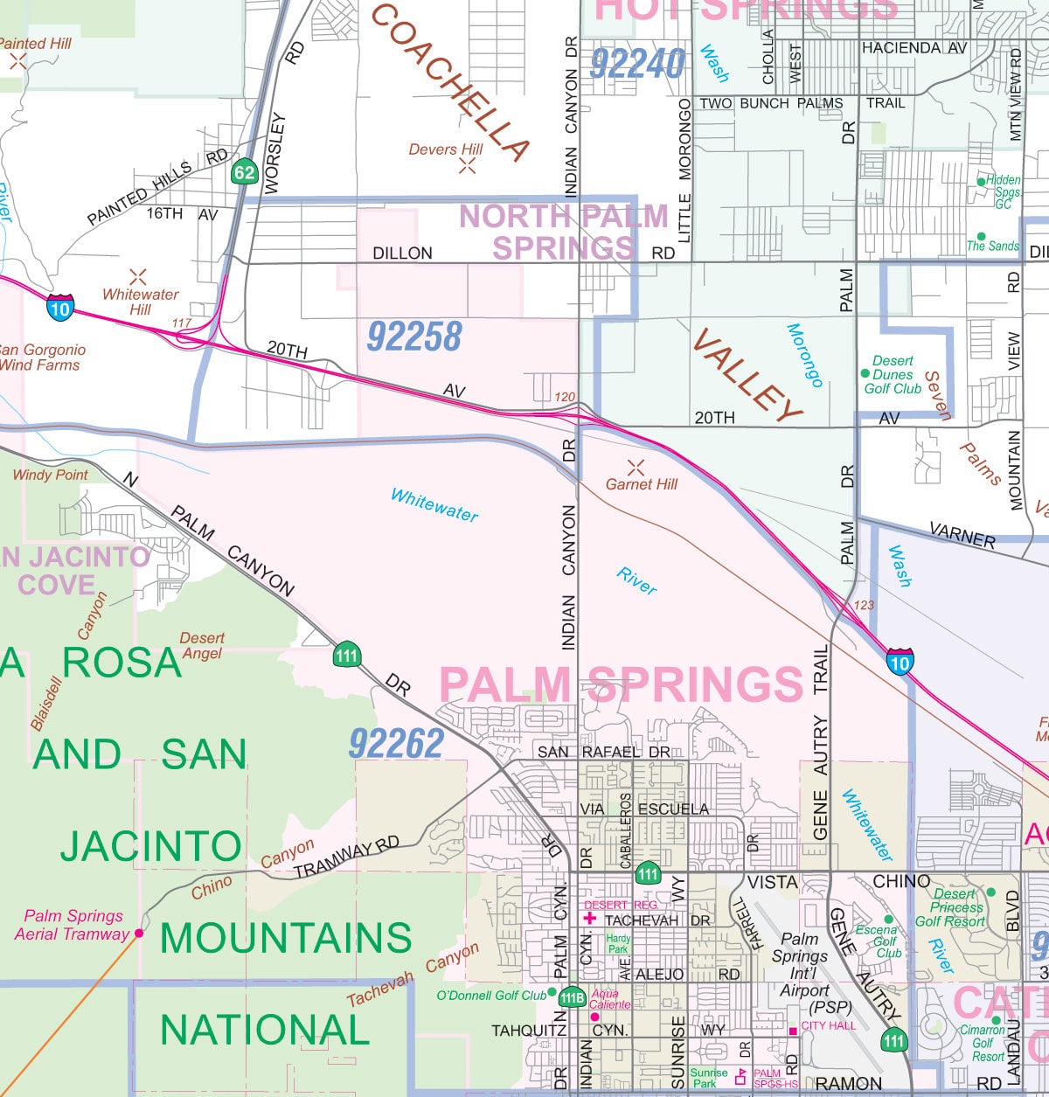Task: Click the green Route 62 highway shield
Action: (244, 172)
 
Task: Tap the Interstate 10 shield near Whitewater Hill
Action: (60, 308)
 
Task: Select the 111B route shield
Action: (572, 997)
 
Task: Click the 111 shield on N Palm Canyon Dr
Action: (347, 656)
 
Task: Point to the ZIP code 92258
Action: (414, 337)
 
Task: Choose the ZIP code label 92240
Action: (637, 64)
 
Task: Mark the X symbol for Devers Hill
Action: (468, 166)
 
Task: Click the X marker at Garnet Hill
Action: (636, 467)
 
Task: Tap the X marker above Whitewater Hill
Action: (137, 276)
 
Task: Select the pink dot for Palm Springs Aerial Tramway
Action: (138, 934)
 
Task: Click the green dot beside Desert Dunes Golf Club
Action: (865, 374)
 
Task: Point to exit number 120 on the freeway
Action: (565, 397)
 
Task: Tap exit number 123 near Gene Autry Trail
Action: (864, 605)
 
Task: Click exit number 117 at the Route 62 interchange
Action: (181, 323)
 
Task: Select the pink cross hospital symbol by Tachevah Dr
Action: (589, 919)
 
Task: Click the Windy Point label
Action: (50, 475)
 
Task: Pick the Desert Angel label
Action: (202, 645)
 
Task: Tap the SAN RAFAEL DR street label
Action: (603, 752)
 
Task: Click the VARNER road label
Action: (962, 535)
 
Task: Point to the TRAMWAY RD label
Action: (346, 857)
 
